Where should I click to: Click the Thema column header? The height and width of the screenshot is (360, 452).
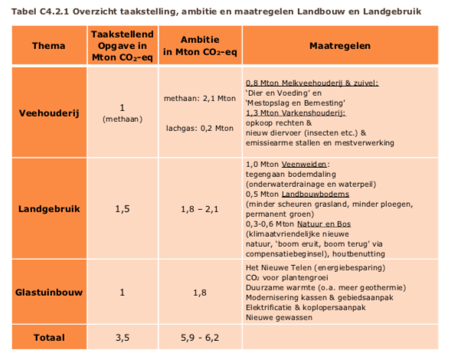[49, 46]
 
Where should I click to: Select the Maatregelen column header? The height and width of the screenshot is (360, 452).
[340, 46]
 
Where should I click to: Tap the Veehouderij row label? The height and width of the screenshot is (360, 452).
[49, 113]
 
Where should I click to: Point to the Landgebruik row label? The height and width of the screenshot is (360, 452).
[49, 209]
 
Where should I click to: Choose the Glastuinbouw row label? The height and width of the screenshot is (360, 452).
[49, 293]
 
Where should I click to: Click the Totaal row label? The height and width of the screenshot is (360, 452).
[49, 338]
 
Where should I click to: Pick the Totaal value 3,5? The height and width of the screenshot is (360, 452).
[123, 338]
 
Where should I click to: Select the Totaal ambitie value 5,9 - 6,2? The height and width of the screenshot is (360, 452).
[200, 338]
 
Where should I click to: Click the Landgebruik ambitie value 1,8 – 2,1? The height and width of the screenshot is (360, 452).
[200, 209]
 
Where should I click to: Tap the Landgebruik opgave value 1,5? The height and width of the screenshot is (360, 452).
[123, 209]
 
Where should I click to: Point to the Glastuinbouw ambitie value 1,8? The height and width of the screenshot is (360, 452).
[200, 293]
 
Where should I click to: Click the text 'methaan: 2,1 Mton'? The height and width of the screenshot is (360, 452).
[200, 99]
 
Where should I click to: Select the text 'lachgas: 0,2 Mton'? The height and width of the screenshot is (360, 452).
[200, 128]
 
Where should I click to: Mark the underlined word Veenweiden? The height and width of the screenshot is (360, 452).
[304, 164]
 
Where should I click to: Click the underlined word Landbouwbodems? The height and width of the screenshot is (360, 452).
[316, 195]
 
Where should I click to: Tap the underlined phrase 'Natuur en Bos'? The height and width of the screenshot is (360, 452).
[324, 224]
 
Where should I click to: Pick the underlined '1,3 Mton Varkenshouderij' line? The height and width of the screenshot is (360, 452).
[296, 113]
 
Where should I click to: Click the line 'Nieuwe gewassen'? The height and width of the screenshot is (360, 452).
[279, 318]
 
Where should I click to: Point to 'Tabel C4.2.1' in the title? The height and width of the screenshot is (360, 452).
[40, 11]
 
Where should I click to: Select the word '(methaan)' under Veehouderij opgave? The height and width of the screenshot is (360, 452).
[123, 119]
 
